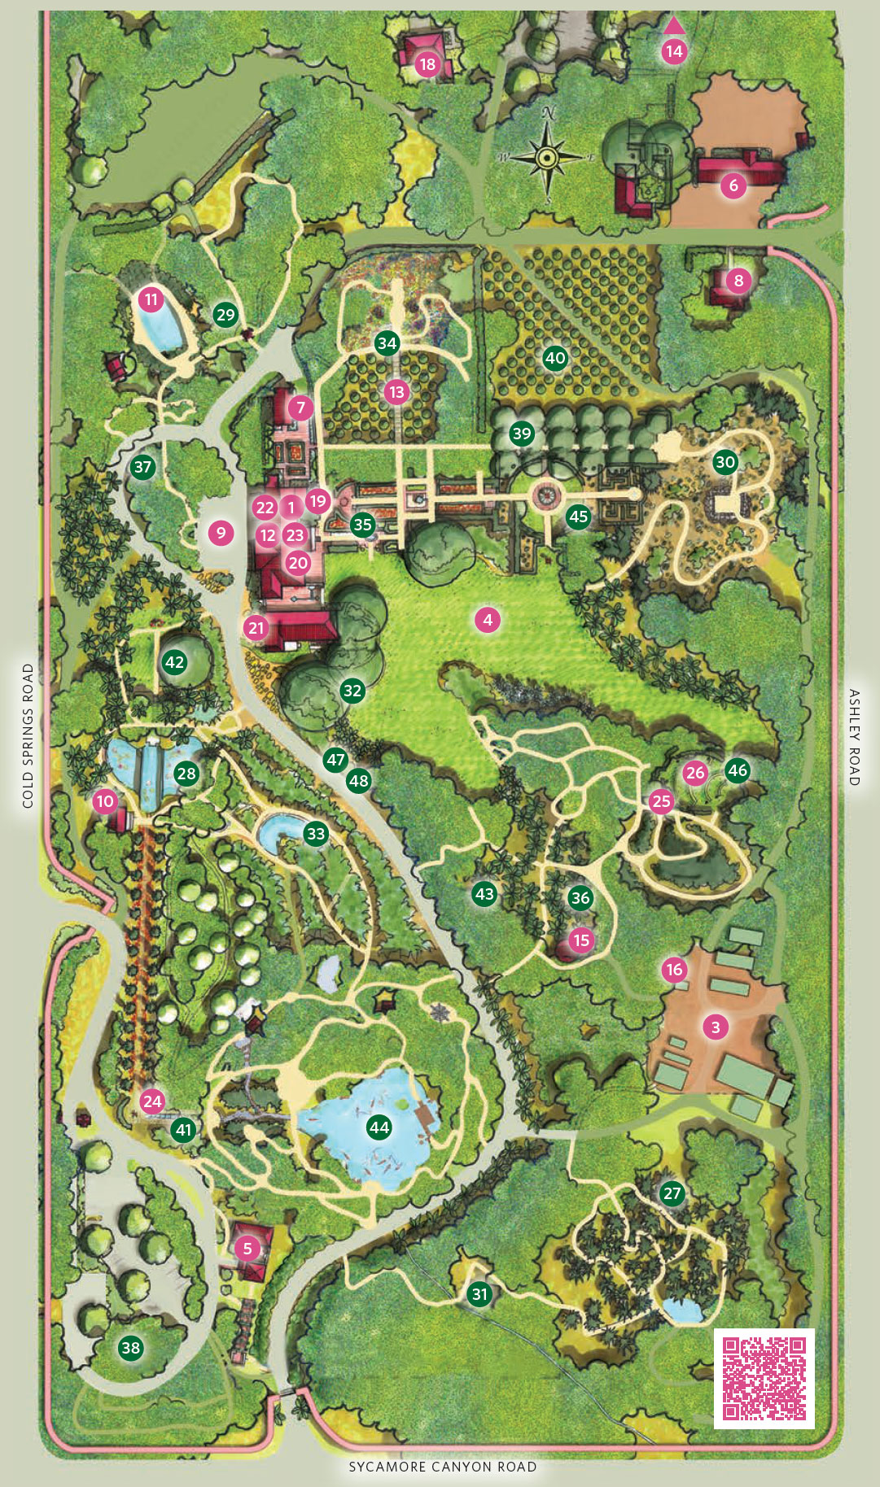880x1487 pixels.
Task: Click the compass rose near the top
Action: click(x=548, y=155)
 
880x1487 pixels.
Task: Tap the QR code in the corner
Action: click(x=764, y=1378)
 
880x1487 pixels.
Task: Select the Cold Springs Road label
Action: click(x=28, y=735)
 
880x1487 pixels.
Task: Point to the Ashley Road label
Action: click(x=854, y=737)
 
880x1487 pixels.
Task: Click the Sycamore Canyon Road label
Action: click(x=443, y=1467)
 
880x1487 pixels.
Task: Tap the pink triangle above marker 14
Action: click(x=674, y=25)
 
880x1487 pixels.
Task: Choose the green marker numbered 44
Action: click(x=379, y=1127)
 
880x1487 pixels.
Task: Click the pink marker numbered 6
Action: click(x=733, y=186)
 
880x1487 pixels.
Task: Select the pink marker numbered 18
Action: click(x=427, y=63)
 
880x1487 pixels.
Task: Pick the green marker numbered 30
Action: click(x=725, y=463)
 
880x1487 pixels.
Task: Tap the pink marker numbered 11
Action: click(x=151, y=299)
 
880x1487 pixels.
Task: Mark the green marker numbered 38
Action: click(x=130, y=1348)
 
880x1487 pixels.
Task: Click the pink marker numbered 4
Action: click(x=488, y=620)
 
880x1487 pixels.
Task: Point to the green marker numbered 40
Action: click(x=555, y=358)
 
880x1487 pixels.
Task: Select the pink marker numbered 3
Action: click(x=716, y=1027)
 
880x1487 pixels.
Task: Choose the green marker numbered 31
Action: click(x=479, y=1294)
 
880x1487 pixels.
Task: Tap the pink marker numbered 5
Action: click(x=247, y=1248)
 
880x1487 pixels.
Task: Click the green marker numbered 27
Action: click(x=672, y=1193)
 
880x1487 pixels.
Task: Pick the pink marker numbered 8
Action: click(x=738, y=281)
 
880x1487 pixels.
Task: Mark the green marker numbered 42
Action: click(x=174, y=662)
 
